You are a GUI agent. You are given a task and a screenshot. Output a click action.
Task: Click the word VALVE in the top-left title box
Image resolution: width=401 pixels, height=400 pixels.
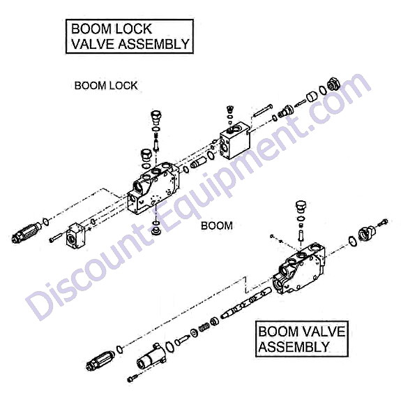pos(93,44)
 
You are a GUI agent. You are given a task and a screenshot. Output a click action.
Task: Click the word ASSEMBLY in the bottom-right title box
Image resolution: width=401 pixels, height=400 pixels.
pos(294,347)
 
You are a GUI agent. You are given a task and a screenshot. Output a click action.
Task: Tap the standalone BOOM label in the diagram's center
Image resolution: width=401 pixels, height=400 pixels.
pos(217,225)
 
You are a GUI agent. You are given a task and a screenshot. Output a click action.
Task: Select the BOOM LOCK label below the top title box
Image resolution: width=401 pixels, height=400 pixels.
pos(106,85)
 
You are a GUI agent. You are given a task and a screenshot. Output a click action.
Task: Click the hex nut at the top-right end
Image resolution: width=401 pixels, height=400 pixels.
pos(334,84)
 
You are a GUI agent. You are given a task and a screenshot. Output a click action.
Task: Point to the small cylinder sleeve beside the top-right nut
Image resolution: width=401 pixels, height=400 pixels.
pos(312,96)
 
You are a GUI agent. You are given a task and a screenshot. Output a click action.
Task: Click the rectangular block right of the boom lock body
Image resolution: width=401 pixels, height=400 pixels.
pos(235,140)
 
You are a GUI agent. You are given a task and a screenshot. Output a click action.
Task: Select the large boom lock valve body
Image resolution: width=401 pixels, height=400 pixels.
pos(153,188)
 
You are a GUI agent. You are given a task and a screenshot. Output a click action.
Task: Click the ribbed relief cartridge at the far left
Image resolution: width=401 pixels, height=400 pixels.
pos(27,232)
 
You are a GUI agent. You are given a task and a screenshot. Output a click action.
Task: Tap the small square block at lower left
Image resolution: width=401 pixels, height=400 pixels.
pos(75,235)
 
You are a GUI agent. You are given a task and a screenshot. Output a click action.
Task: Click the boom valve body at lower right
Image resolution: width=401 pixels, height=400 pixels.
pos(298,269)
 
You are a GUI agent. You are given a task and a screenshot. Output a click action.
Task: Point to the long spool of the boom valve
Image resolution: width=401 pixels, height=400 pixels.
pos(245,303)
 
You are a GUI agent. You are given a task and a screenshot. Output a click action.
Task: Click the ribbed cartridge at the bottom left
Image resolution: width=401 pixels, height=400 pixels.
pos(100,361)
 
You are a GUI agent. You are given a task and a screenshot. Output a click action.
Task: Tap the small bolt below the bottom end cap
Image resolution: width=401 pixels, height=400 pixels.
pos(133,378)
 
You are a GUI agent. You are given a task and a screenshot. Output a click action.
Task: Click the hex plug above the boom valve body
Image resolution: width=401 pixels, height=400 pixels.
pos(301,206)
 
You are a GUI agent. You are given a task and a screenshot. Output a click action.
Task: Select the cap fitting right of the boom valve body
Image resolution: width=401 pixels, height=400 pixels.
pos(367,232)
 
